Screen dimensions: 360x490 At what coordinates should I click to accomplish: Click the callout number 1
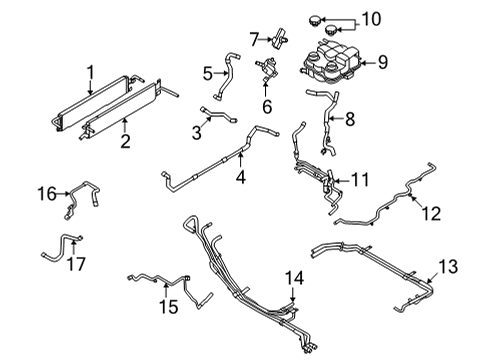coord(91,71)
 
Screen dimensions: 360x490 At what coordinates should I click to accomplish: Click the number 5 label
coord(207,72)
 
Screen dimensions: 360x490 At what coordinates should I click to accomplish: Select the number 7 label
coord(255,39)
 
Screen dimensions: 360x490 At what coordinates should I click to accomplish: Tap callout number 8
coord(348,118)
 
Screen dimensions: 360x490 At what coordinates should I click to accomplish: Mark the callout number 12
coord(431,211)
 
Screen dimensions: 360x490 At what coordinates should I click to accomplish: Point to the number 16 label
coord(47,191)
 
